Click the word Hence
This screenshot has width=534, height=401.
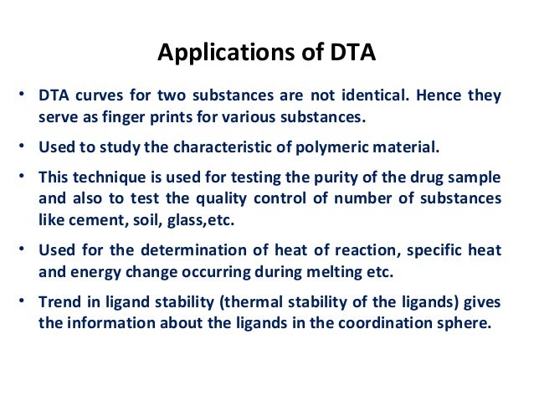(x=449, y=95)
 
